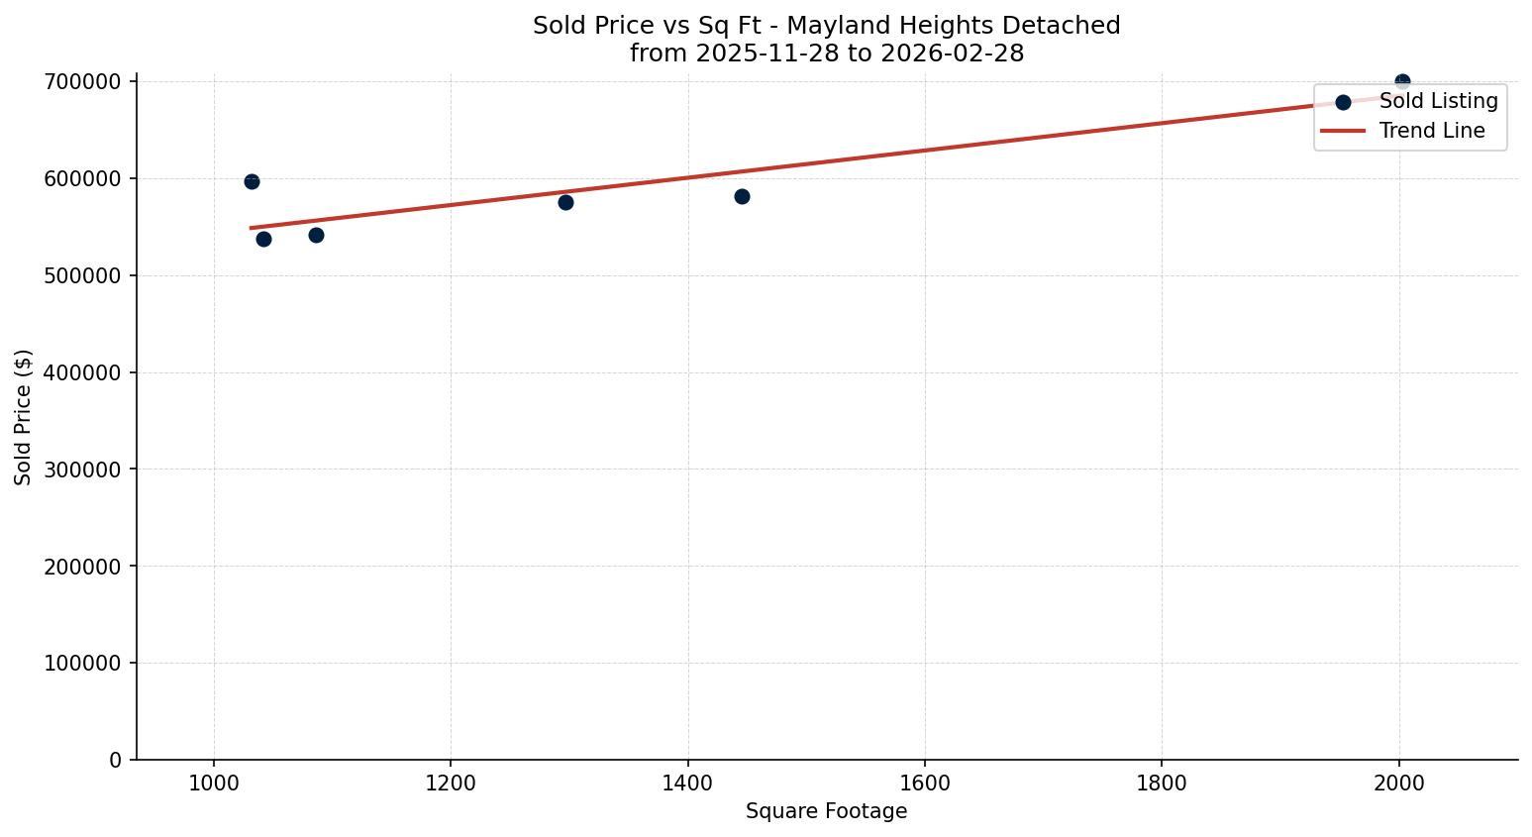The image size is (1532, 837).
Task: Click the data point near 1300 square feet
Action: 565,202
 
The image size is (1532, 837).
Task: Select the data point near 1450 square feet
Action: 742,196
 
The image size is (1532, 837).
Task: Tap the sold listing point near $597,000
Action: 252,181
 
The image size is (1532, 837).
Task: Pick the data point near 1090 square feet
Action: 316,235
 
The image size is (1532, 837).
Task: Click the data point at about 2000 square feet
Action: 1402,81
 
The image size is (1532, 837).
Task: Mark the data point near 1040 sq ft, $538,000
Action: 263,239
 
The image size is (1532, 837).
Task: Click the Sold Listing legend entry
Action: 1438,101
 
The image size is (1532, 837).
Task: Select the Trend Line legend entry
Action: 1432,131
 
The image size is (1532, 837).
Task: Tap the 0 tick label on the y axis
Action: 116,760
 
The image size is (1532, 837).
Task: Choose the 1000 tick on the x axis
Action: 214,783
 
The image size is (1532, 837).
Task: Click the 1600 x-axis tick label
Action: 924,783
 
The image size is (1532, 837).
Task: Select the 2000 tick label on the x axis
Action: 1398,783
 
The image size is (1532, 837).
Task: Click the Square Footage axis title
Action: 826,811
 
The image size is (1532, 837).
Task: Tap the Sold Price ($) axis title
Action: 24,416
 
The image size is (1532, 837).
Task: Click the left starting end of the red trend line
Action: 252,228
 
